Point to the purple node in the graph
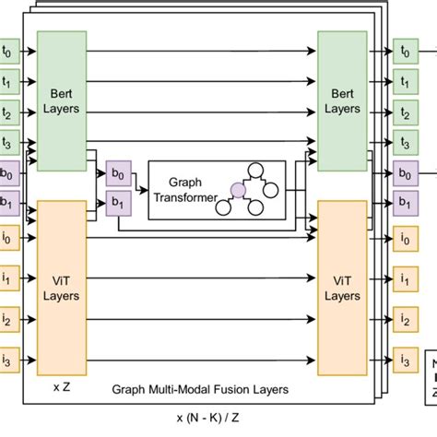pyautogui.click(x=237, y=189)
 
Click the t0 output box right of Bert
pyautogui.click(x=405, y=52)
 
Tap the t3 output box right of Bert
pyautogui.click(x=405, y=142)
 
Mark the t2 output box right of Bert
pyautogui.click(x=405, y=112)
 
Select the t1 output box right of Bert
pyautogui.click(x=405, y=82)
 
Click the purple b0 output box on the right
pyautogui.click(x=405, y=172)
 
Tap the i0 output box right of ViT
pyautogui.click(x=405, y=240)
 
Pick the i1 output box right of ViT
pyautogui.click(x=405, y=277)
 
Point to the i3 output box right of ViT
pyautogui.click(x=405, y=358)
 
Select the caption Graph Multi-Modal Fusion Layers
pyautogui.click(x=200, y=390)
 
